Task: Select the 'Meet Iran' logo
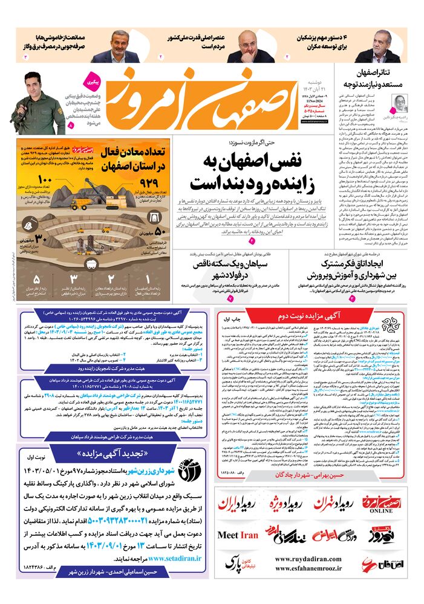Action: [238, 535]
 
